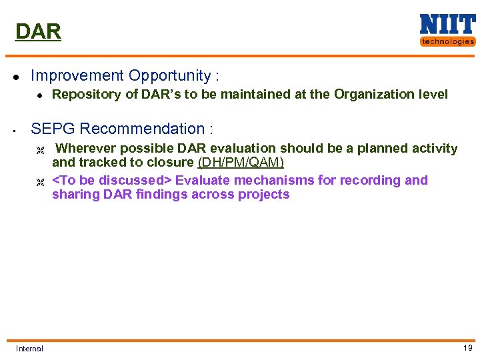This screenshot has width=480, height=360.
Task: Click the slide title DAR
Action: point(38,31)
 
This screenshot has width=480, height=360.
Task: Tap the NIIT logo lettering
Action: point(447,25)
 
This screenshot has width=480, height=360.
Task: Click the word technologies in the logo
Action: point(447,41)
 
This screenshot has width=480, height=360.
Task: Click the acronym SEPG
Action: point(51,129)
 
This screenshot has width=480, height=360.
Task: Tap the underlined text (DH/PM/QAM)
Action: point(241,163)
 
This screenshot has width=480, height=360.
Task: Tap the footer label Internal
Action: point(29,349)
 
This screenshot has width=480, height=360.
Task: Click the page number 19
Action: point(467,348)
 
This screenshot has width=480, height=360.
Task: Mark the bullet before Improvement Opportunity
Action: point(17,76)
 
